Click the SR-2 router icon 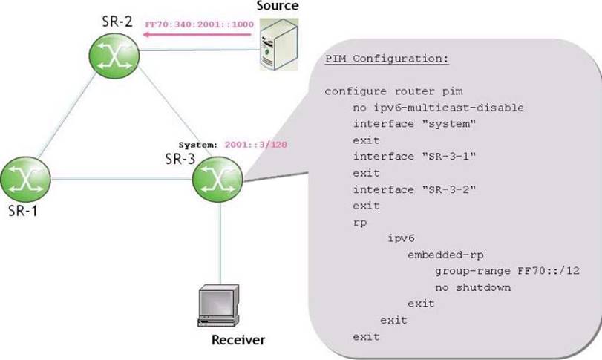tap(114, 56)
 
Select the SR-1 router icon tap(25, 179)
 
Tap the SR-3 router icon tap(217, 179)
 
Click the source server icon tap(279, 45)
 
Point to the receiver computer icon tap(218, 306)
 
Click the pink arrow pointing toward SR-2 tap(197, 35)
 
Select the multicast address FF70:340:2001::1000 tap(199, 24)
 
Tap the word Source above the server tap(278, 6)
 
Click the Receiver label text tap(238, 340)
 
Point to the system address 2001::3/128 tap(255, 145)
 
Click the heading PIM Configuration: tap(387, 59)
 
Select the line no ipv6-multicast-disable tap(439, 108)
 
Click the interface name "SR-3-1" tap(449, 157)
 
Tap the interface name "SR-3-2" tap(449, 189)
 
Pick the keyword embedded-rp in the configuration tap(445, 255)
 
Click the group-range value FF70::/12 tap(549, 271)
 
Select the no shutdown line tap(473, 287)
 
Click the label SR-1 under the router tap(23, 211)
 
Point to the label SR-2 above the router tap(117, 22)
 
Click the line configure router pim tap(394, 92)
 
